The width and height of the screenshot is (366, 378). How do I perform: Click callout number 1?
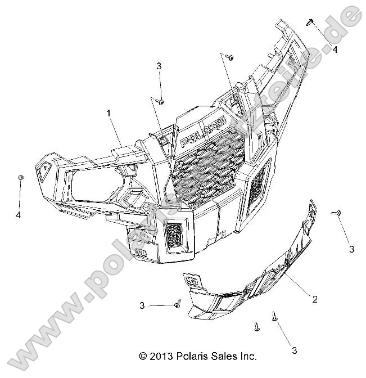[x=109, y=113]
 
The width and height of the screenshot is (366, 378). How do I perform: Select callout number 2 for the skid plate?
[x=314, y=300]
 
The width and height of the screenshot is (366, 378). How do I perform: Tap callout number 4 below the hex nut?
[x=19, y=215]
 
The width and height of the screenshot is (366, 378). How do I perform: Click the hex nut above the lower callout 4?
[x=20, y=178]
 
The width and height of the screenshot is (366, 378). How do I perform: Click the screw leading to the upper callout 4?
[x=310, y=22]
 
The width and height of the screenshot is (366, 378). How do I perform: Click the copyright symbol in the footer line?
[x=143, y=356]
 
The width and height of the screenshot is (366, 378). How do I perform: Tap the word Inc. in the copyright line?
[x=247, y=356]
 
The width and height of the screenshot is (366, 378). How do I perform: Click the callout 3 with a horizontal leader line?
[x=142, y=305]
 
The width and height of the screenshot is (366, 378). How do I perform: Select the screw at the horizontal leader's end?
[x=177, y=303]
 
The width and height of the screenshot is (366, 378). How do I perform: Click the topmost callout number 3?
[x=159, y=66]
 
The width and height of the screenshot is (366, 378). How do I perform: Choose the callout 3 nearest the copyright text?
[x=294, y=350]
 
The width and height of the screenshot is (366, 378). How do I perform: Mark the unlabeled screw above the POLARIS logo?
[x=230, y=57]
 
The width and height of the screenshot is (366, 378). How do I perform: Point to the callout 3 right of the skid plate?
[x=351, y=249]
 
